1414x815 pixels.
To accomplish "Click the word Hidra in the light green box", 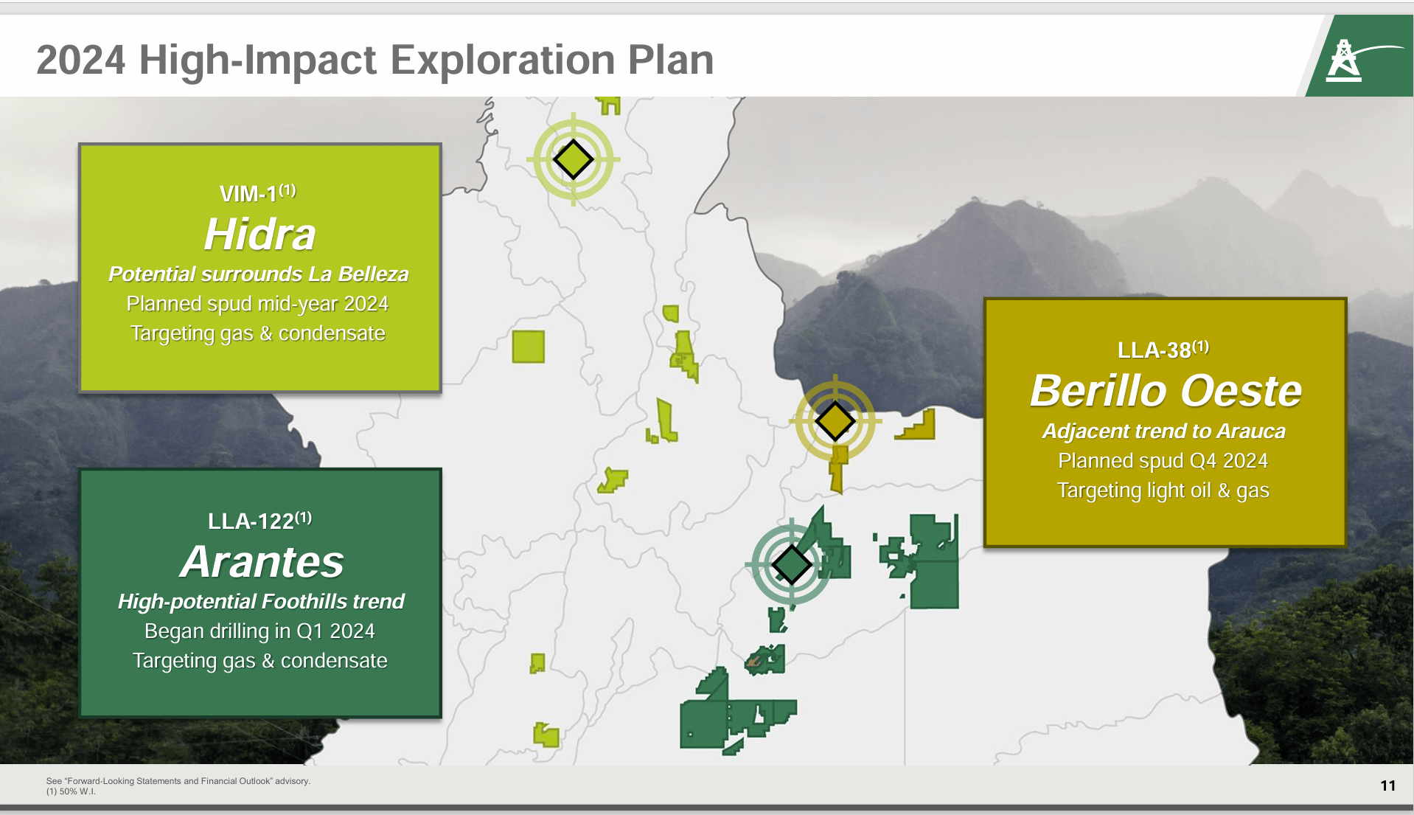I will (x=260, y=235).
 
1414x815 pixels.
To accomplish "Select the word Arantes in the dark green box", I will (x=262, y=562).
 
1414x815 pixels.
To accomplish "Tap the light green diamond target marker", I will (x=573, y=159).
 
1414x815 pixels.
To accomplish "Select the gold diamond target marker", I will (x=835, y=420).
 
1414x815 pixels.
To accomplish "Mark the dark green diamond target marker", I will (x=791, y=565).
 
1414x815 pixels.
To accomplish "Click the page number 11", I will (x=1387, y=785).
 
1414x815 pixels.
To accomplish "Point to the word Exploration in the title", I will (x=501, y=60).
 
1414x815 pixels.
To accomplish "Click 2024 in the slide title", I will (x=80, y=60).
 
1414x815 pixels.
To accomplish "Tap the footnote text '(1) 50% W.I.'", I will (x=71, y=791).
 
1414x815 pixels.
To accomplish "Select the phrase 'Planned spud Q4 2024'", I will (x=1163, y=461).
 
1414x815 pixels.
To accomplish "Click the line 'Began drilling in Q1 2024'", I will (x=260, y=631).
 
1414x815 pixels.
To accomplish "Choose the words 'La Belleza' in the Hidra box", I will (x=358, y=274).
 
